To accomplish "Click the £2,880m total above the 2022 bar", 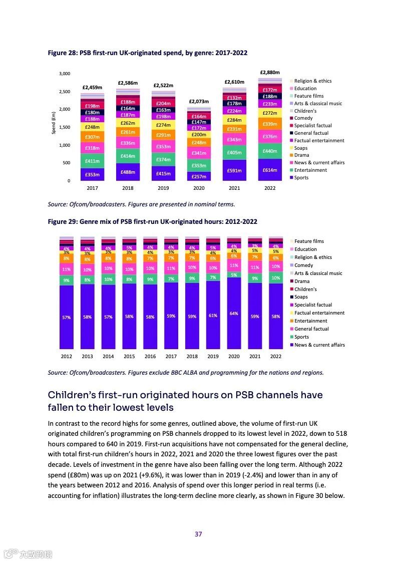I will (x=270, y=73).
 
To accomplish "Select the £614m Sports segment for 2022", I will (x=270, y=170).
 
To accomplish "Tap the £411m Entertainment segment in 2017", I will (x=92, y=161).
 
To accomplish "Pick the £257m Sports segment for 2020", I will (x=199, y=177).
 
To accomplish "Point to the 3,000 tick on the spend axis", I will (x=65, y=74).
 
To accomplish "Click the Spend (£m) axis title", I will (x=54, y=123).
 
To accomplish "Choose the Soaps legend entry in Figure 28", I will (x=301, y=148).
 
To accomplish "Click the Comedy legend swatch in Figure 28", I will (x=291, y=118).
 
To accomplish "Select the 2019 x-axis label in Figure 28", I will (x=163, y=188).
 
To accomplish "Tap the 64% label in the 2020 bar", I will (x=234, y=314).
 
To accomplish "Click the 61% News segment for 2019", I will (x=213, y=316).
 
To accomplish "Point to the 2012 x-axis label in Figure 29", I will (x=66, y=356).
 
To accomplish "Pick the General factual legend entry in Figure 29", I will (x=311, y=329).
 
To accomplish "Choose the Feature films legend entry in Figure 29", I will (x=309, y=241).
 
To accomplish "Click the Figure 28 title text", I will (x=147, y=53).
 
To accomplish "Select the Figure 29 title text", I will (x=152, y=221).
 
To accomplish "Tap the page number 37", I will (x=198, y=534).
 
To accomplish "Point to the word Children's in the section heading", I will (x=79, y=395).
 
